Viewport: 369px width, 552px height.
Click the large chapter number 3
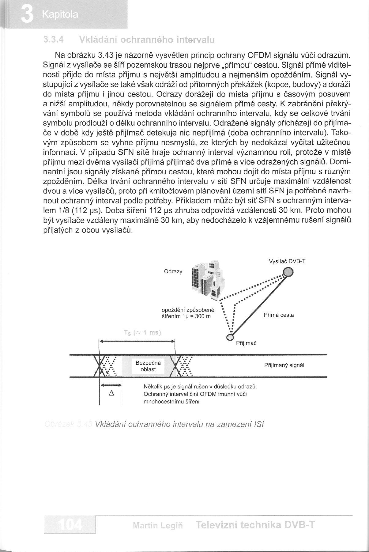click(27, 15)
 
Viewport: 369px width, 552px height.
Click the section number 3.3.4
click(54, 40)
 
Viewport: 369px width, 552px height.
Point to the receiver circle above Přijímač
click(230, 337)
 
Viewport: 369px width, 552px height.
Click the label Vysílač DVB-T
click(287, 261)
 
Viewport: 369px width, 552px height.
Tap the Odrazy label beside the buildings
click(173, 271)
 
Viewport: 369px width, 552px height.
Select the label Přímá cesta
click(279, 315)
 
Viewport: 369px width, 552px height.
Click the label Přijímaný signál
click(284, 365)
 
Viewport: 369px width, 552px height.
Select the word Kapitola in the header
click(61, 15)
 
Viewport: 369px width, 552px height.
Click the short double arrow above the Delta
click(111, 385)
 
